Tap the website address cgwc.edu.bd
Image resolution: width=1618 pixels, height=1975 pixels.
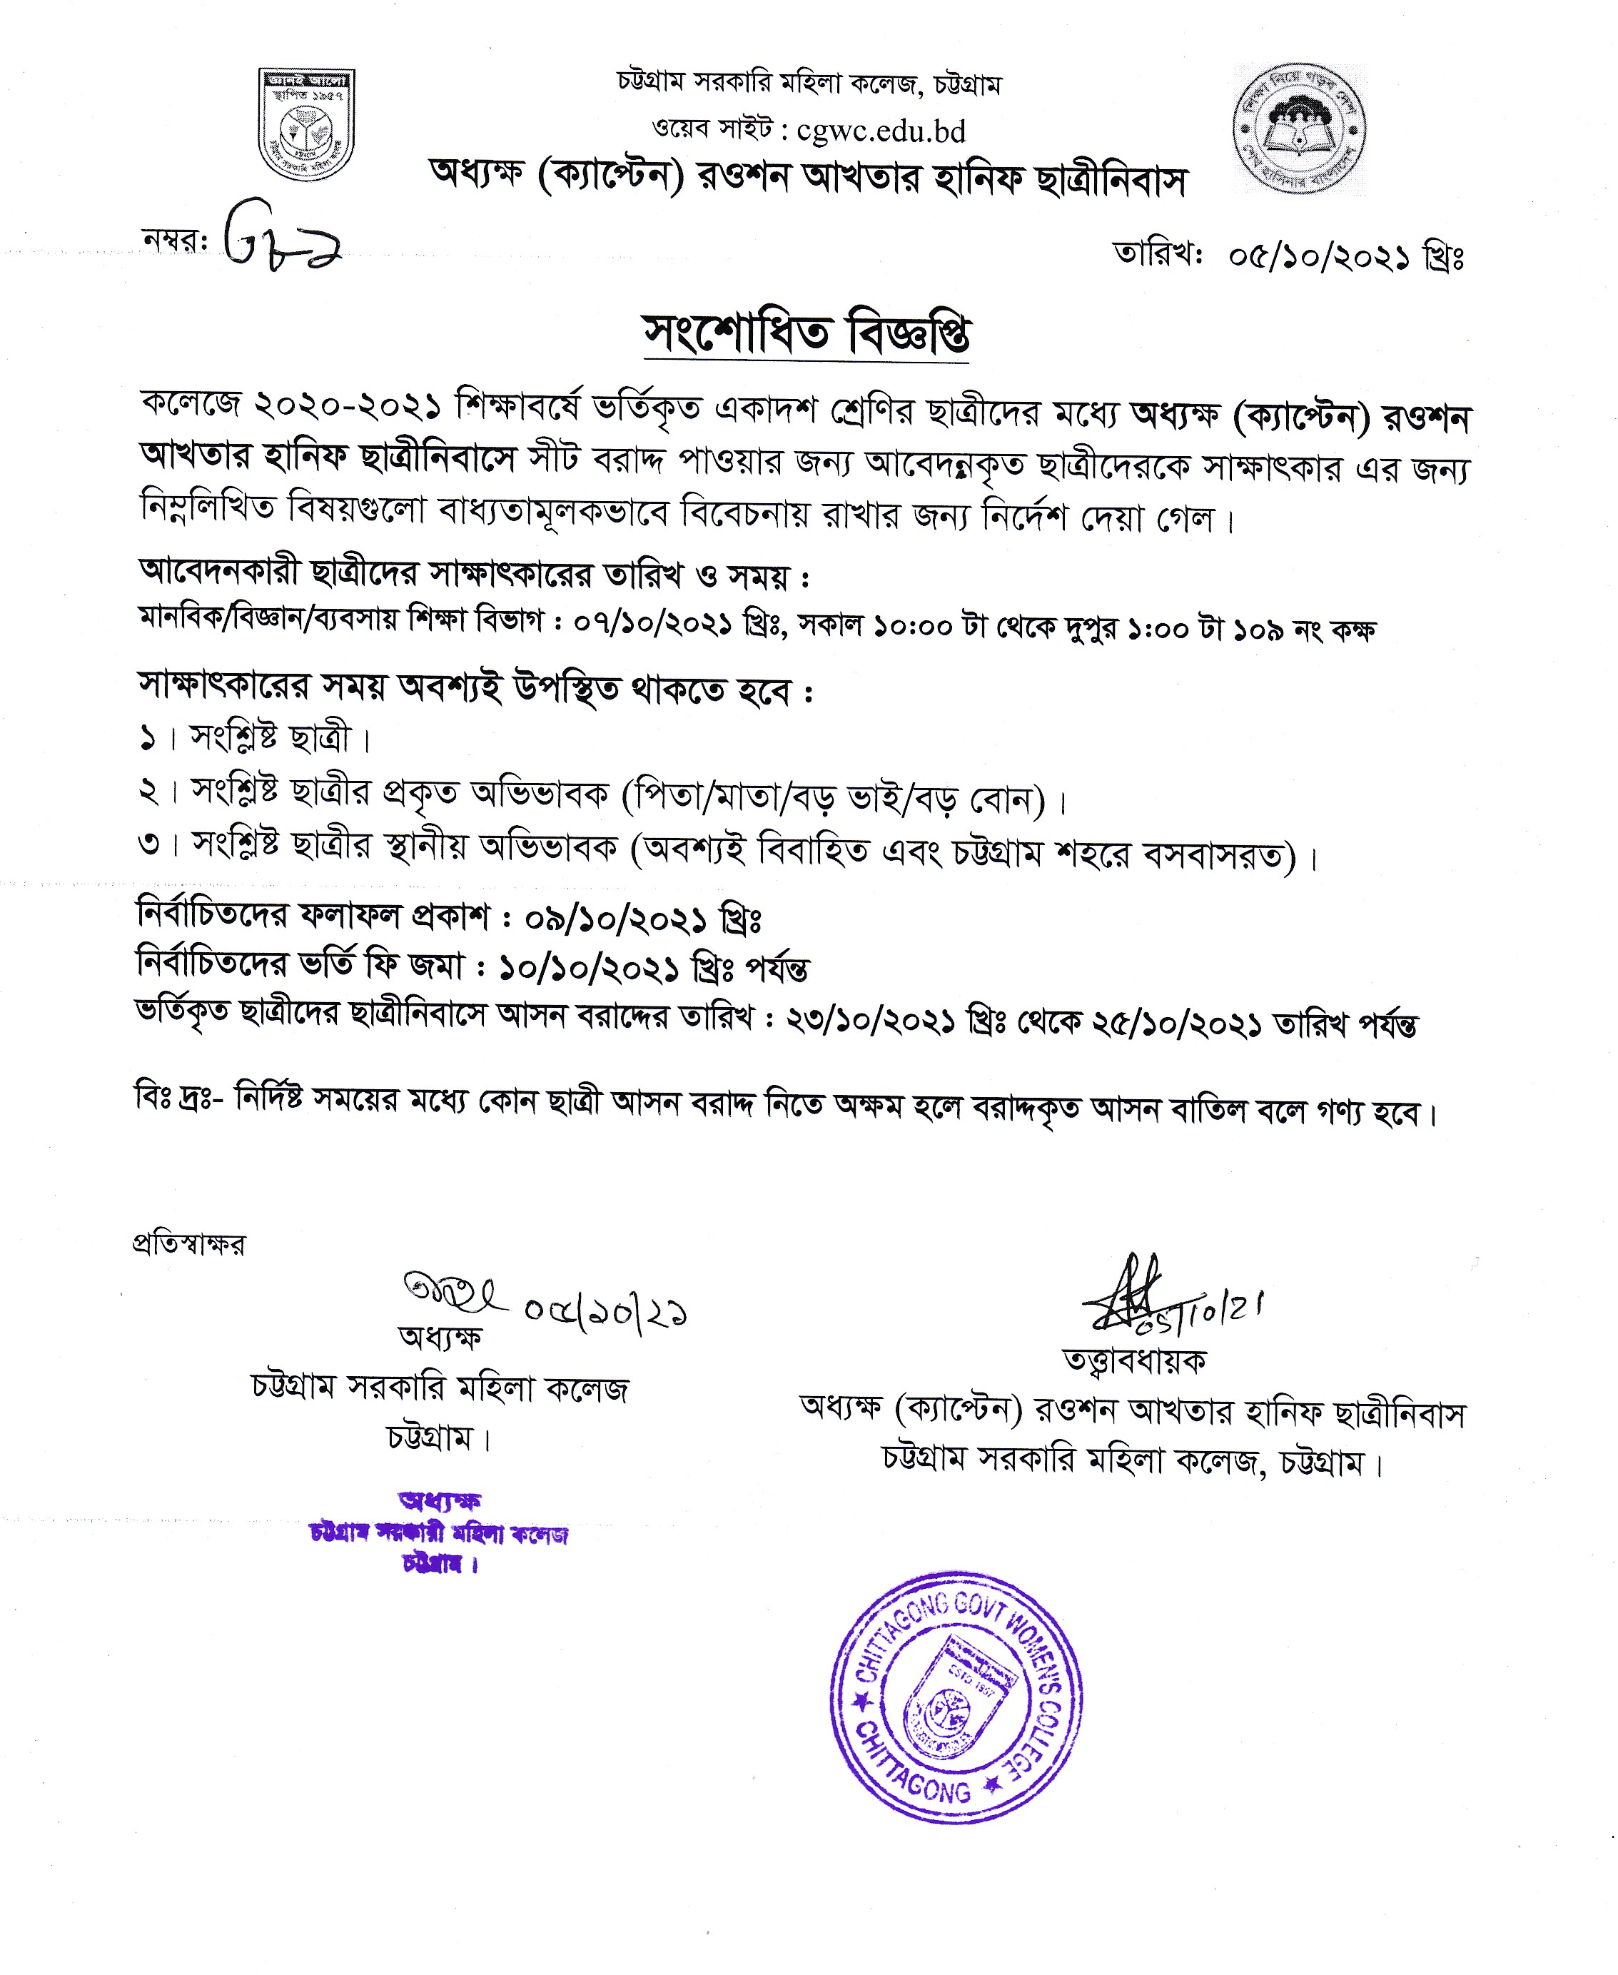click(881, 132)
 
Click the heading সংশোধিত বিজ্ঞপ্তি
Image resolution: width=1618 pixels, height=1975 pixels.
click(807, 333)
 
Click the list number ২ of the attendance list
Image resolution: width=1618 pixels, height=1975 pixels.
click(149, 792)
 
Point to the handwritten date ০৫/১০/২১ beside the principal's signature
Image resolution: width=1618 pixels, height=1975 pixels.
click(605, 1311)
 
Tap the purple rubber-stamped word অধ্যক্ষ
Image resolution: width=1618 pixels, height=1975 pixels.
click(439, 1500)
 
